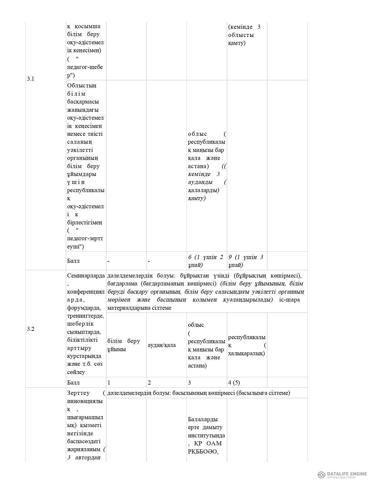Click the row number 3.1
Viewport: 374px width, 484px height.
click(31, 79)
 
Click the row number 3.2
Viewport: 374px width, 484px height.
click(31, 329)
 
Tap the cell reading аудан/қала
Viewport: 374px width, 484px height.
click(162, 345)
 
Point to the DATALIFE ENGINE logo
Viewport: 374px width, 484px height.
click(342, 474)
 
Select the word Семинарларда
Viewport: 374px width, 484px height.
click(86, 276)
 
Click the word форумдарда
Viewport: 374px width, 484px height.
click(84, 308)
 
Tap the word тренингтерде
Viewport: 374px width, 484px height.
click(85, 316)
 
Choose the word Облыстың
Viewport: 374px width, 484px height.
click(82, 86)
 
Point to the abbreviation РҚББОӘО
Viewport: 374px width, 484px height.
click(203, 451)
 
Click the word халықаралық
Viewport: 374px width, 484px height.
click(246, 353)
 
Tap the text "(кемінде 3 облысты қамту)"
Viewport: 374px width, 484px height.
click(244, 35)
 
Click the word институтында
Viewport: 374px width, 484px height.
click(206, 435)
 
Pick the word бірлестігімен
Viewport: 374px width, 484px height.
click(84, 222)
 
